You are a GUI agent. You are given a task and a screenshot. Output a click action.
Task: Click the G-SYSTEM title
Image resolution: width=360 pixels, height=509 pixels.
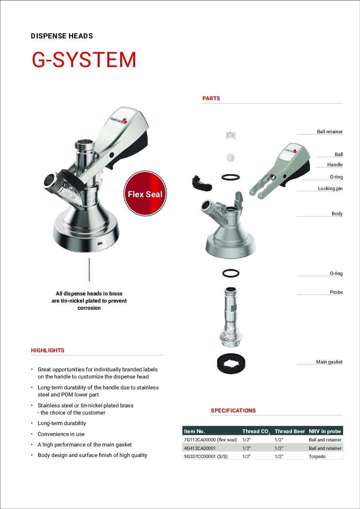[x=84, y=60]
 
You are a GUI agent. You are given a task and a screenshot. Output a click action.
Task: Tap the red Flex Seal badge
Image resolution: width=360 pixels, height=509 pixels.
[x=145, y=194]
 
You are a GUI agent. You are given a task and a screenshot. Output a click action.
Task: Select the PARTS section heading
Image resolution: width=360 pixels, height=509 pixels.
[x=211, y=98]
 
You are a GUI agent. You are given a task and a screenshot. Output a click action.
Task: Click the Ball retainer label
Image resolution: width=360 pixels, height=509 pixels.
[x=329, y=132]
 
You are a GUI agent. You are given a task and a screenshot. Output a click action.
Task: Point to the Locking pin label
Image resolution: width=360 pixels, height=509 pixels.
[x=330, y=188]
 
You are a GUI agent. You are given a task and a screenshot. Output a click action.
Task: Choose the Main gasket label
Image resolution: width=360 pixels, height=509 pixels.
[x=329, y=362]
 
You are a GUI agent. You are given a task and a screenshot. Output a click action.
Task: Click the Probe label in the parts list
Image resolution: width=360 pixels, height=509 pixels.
[x=336, y=292]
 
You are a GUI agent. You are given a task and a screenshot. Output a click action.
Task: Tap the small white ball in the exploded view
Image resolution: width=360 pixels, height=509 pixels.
[x=230, y=157]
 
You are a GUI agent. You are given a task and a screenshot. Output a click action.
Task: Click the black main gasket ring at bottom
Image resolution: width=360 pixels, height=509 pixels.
[x=231, y=363]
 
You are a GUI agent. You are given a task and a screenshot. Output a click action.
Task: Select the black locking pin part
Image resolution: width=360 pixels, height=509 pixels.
[x=201, y=183]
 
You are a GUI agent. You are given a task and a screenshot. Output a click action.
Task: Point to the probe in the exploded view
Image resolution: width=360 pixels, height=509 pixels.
[x=231, y=316]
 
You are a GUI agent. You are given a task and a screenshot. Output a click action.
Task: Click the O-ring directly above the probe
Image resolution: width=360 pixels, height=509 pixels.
[x=231, y=273]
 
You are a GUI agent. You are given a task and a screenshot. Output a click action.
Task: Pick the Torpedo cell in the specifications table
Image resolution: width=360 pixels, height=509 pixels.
[x=317, y=456]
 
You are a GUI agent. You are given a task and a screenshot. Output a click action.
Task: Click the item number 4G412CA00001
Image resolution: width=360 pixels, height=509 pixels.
[x=200, y=448]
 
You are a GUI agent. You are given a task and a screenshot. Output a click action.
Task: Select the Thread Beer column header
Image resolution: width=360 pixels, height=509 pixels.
[x=290, y=431]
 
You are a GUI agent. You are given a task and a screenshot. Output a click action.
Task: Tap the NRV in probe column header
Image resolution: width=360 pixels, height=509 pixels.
[x=325, y=431]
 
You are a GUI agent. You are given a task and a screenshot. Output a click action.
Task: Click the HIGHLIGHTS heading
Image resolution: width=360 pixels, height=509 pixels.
[x=47, y=350]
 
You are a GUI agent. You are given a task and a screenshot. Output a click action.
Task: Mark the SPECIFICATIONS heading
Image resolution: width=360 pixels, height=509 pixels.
[x=233, y=410]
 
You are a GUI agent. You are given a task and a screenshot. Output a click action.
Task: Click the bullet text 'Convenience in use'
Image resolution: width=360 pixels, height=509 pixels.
[x=61, y=434]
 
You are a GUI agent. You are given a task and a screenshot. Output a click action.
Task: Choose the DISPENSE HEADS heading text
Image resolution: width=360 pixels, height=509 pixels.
[x=62, y=36]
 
